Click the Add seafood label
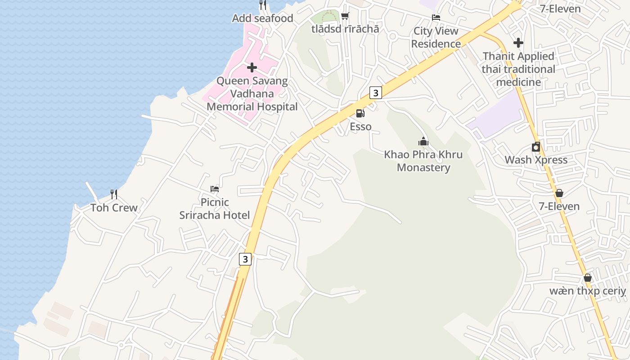[x=262, y=18]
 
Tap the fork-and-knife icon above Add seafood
[x=263, y=5]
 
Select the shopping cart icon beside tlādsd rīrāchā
[x=345, y=16]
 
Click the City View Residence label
[x=436, y=37]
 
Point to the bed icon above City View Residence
[x=436, y=18]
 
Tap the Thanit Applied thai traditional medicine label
[x=518, y=69]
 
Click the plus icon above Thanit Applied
[x=518, y=43]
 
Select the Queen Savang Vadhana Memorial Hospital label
[x=252, y=94]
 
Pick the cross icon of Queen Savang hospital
[x=252, y=67]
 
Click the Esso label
[x=360, y=126]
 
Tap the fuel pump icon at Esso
[x=360, y=113]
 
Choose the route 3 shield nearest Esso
[x=375, y=93]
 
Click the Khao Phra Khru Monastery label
[x=423, y=161]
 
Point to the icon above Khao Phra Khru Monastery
[x=423, y=141]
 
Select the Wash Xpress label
[x=535, y=160]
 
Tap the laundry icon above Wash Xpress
[x=535, y=147]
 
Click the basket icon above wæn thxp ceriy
[x=587, y=278]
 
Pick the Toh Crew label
[x=114, y=208]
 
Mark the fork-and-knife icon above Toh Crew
[x=114, y=194]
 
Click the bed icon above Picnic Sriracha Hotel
[x=215, y=189]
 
